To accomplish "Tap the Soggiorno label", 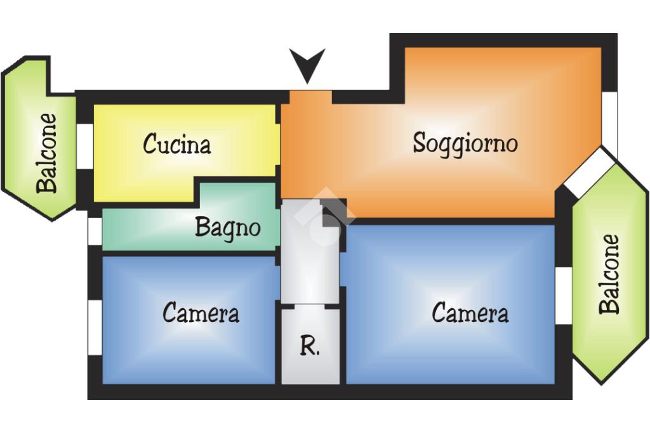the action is tap(465, 143).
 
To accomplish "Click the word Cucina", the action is tap(176, 145).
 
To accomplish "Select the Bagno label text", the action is tap(227, 227).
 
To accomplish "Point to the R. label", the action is tap(310, 347).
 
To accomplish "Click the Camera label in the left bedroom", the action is tap(201, 313).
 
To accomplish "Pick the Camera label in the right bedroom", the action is tap(470, 313).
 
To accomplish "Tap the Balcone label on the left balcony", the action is tap(46, 153).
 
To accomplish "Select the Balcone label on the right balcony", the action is tap(610, 274).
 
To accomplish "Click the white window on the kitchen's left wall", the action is tap(84, 146).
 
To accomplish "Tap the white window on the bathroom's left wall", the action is tap(95, 231).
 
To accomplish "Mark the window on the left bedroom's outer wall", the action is tap(95, 327).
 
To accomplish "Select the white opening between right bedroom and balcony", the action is tap(563, 295).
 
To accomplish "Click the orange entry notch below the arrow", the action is tap(310, 98).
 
